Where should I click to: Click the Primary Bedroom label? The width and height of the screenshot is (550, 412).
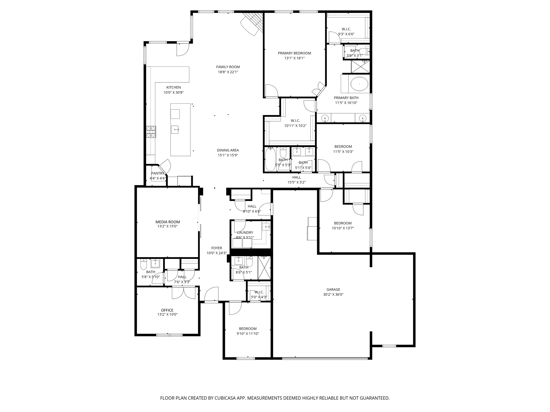point(294,53)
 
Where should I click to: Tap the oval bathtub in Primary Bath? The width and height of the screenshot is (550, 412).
point(359,84)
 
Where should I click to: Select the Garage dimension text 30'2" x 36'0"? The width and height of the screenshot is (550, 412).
point(333,295)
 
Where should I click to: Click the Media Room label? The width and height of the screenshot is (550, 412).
point(168,222)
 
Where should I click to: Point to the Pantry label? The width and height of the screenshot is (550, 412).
point(158,174)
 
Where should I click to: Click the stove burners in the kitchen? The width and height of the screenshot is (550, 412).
point(151,132)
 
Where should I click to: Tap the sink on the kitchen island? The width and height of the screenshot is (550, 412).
point(175,130)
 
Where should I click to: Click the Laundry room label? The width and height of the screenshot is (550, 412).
point(245,233)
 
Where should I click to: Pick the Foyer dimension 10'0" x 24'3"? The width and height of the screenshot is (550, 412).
point(216,253)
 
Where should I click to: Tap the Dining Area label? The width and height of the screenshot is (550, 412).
point(228,150)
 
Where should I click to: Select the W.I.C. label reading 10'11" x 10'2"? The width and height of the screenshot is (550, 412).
point(295,126)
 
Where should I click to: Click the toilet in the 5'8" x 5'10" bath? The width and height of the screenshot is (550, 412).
point(144,265)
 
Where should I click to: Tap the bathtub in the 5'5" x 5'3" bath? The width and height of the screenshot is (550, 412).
point(269,159)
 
